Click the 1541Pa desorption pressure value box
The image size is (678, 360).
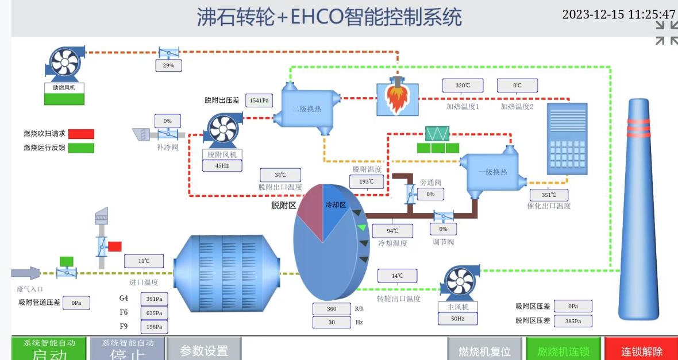coord(259,100)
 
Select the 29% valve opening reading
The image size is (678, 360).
coord(168,65)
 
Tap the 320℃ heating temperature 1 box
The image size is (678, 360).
coord(463,86)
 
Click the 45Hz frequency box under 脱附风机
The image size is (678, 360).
coord(222,165)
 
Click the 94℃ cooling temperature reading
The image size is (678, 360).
coord(392,231)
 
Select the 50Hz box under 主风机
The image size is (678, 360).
coord(457,318)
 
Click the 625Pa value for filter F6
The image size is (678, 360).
coord(153,313)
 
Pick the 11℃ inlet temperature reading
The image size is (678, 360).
coord(144,261)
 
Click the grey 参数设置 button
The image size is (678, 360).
coord(204,350)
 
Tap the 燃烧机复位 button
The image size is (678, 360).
coord(484,351)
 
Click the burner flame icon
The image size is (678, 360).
coord(396,98)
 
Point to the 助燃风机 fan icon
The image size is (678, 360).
coord(64,63)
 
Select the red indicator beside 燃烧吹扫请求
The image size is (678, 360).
coord(81,134)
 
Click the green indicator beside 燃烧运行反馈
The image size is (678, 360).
coord(81,148)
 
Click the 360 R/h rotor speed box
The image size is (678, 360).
coord(332,309)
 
